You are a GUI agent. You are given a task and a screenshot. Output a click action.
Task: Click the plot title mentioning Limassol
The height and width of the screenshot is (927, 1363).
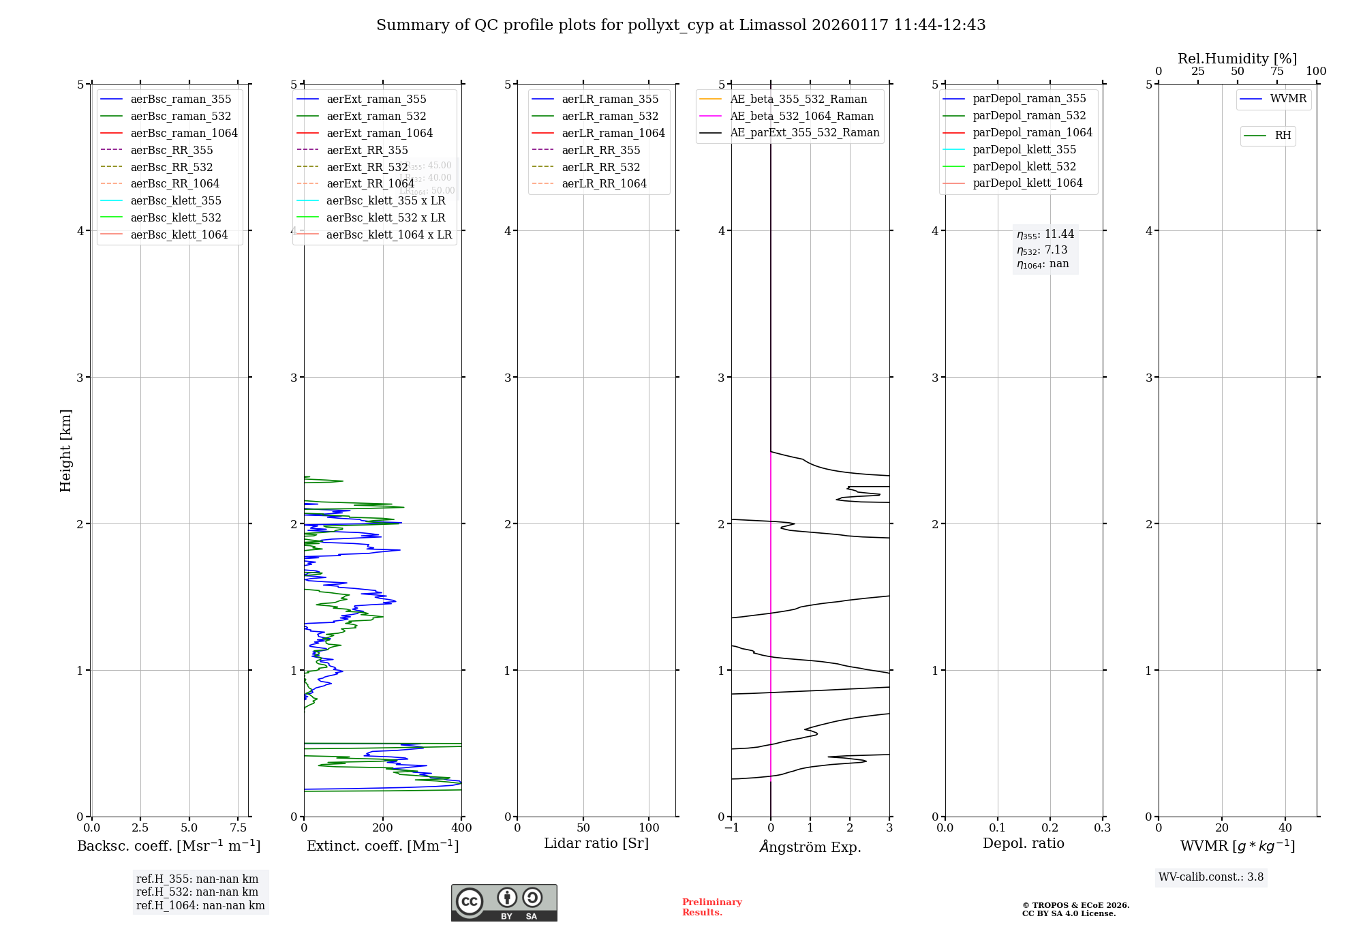(x=681, y=25)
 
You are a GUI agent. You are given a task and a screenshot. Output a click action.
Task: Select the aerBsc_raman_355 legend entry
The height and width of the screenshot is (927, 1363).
(x=181, y=100)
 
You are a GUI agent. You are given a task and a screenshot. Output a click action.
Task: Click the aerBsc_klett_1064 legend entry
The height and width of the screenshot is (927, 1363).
(x=179, y=235)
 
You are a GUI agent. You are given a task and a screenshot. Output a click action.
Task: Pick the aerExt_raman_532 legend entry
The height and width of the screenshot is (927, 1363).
(x=376, y=117)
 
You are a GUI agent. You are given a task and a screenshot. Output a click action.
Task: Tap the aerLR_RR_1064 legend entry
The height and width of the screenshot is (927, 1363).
(x=604, y=184)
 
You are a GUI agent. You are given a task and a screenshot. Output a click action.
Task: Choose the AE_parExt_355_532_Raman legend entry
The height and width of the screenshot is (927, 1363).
(x=804, y=133)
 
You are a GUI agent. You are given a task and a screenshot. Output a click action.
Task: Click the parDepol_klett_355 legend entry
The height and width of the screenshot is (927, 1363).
(x=1024, y=150)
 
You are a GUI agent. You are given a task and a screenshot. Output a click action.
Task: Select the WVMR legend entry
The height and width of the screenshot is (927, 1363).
(x=1288, y=99)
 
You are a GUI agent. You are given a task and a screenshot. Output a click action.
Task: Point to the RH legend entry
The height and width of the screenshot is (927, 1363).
(x=1283, y=136)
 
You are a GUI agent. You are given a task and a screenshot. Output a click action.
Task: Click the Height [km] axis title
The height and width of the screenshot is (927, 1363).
(x=65, y=451)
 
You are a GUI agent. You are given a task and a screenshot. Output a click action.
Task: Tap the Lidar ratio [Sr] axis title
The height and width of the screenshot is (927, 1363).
(x=596, y=844)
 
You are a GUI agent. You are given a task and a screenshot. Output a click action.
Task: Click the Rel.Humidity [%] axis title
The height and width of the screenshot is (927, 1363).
(x=1237, y=59)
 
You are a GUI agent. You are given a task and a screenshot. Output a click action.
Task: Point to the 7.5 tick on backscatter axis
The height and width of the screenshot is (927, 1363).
(x=238, y=828)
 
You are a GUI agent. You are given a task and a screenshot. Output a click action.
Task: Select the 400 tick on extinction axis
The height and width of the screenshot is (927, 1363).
(x=461, y=828)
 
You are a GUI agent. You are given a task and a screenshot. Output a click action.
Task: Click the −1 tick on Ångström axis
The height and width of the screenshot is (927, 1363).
(x=731, y=828)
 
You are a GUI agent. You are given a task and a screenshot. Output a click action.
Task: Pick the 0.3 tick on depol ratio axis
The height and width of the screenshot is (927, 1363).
(x=1102, y=828)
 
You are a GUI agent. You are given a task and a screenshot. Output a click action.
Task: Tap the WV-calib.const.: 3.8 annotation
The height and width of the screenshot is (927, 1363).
(x=1211, y=877)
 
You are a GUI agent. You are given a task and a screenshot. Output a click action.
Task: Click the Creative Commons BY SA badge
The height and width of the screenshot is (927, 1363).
(x=504, y=903)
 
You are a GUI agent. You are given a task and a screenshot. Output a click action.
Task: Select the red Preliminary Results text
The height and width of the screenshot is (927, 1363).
(x=711, y=907)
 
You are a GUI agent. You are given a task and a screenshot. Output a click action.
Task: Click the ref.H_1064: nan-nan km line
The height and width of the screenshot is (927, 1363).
(x=200, y=906)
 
